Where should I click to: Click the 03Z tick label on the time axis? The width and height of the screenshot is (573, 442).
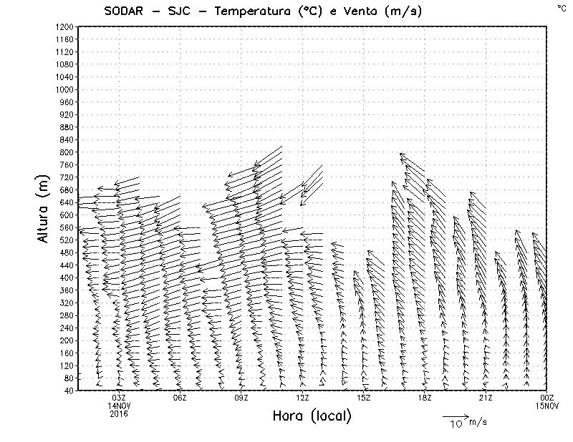(119, 398)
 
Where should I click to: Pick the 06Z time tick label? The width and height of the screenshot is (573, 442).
(180, 398)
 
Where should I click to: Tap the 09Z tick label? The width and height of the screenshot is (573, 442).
(241, 398)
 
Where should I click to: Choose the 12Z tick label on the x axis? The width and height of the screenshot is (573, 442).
(302, 398)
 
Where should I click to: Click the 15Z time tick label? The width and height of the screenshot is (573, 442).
(363, 398)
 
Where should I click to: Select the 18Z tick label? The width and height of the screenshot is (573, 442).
(425, 398)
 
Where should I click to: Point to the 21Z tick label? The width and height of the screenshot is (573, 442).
(486, 398)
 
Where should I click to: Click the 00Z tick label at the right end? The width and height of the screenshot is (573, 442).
(547, 398)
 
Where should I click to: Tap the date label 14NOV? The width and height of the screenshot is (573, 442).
(119, 406)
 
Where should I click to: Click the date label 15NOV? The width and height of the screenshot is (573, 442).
(547, 406)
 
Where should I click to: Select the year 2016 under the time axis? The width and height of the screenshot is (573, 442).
(119, 413)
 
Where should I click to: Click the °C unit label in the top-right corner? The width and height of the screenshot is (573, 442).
(561, 7)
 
